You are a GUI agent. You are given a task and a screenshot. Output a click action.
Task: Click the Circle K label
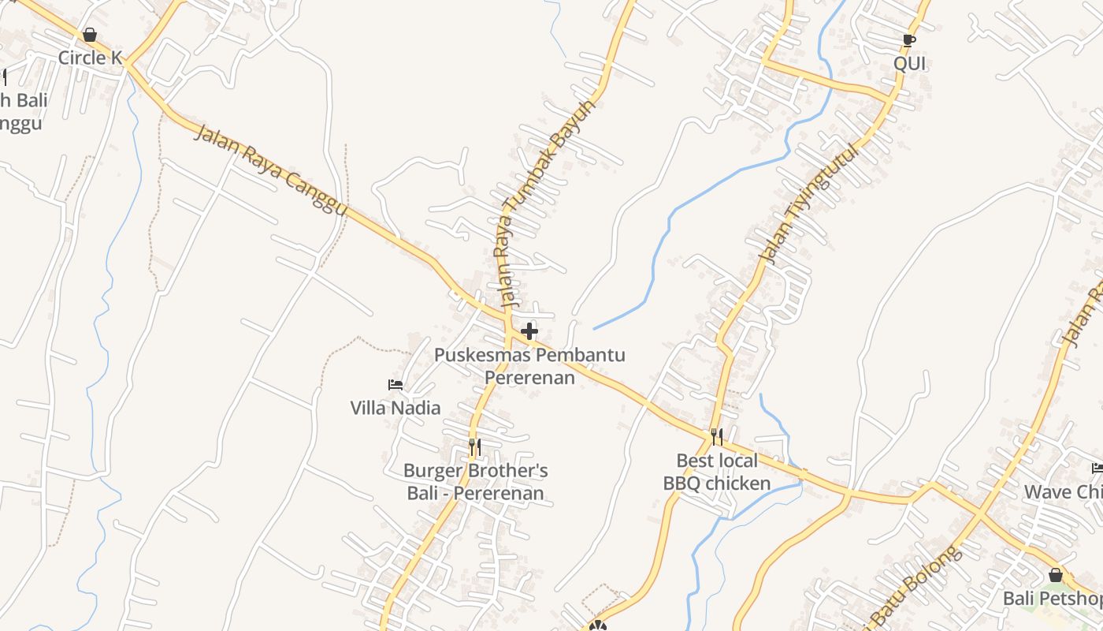pos(91,58)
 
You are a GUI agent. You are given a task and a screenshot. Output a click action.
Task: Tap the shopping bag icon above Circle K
pos(90,35)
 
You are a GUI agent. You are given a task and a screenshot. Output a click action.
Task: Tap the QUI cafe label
pos(909,64)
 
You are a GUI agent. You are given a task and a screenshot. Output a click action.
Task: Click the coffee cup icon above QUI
pos(908,40)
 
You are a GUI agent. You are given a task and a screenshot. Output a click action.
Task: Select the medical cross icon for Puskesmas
pos(529,331)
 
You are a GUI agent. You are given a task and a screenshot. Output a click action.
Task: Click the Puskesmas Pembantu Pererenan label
pos(529,366)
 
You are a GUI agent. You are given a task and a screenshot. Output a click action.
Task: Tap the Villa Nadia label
pos(396,408)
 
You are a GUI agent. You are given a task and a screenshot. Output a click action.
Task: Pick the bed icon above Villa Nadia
pos(396,385)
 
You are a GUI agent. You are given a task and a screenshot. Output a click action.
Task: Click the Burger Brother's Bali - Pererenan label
pos(475,482)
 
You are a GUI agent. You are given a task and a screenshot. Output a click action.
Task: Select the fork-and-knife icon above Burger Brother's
pos(474,447)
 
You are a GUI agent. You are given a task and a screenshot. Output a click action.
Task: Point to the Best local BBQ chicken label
pos(717,472)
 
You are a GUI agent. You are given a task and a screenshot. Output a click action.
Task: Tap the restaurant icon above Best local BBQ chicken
pos(717,436)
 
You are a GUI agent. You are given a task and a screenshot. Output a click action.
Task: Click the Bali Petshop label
pos(1052,599)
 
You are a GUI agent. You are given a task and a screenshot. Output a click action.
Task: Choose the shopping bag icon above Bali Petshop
pos(1055,575)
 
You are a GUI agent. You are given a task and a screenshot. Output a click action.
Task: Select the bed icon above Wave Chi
pos(1097,469)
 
